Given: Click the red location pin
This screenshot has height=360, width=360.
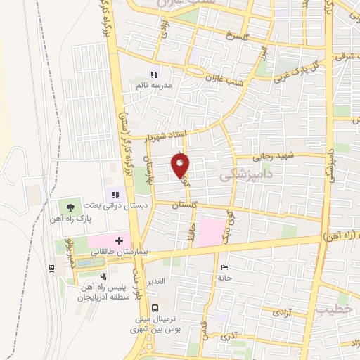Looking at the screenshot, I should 180,166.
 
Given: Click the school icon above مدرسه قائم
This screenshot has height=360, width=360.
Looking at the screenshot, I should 155,75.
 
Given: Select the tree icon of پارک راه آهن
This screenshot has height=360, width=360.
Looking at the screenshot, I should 70,207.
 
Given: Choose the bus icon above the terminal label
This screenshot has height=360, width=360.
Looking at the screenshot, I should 155,307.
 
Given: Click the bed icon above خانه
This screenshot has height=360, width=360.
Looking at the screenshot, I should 224,267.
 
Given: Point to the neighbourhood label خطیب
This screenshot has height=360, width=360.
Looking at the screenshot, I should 331,309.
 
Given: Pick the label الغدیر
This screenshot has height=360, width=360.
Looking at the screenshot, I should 155,281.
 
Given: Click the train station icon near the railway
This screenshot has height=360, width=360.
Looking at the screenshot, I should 52,268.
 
